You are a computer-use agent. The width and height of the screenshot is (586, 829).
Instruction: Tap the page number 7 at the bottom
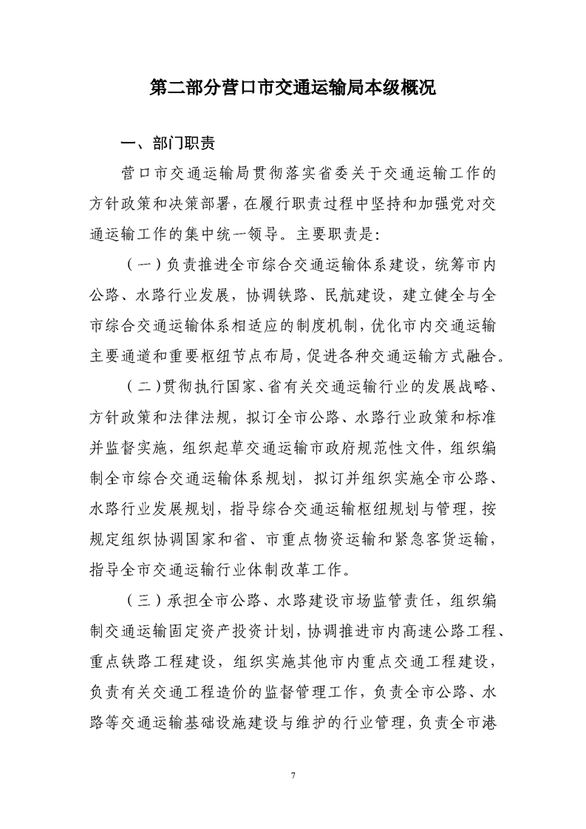293,774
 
